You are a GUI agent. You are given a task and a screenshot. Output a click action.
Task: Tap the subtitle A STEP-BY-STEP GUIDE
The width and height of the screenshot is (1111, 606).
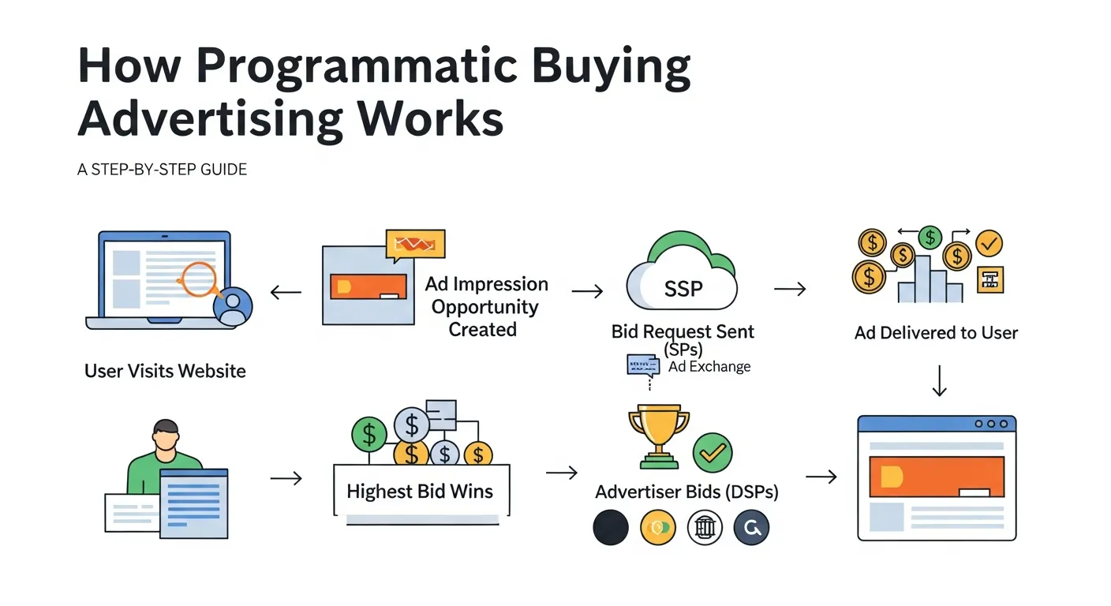[x=162, y=170]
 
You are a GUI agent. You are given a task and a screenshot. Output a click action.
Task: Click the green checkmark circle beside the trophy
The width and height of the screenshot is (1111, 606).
[x=713, y=452]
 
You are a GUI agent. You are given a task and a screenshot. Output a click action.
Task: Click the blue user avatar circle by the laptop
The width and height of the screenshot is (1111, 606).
[x=233, y=306]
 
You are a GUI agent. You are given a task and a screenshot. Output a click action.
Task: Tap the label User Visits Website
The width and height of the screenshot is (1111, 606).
[x=165, y=370]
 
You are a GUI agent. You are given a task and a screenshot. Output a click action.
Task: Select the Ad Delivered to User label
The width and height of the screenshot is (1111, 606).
[x=936, y=333]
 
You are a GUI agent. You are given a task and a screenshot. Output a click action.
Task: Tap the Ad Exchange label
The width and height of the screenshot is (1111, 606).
[x=709, y=366]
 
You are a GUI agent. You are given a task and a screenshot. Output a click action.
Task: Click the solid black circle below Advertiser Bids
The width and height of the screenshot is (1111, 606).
[x=610, y=528]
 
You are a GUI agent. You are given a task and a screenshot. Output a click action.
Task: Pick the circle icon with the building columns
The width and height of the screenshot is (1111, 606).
[x=705, y=528]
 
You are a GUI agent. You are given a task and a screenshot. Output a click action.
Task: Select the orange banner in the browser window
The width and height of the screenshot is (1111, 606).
[x=936, y=477]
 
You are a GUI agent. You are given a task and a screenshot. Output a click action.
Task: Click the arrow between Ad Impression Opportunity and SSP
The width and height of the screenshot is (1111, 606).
[x=587, y=292]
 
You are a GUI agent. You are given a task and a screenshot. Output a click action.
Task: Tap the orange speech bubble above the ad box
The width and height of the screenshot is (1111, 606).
[x=415, y=245]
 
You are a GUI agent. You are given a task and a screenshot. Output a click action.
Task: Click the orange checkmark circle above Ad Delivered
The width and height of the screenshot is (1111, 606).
[x=989, y=244]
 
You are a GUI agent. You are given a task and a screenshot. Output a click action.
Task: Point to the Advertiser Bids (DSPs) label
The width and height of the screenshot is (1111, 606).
[x=686, y=492]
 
